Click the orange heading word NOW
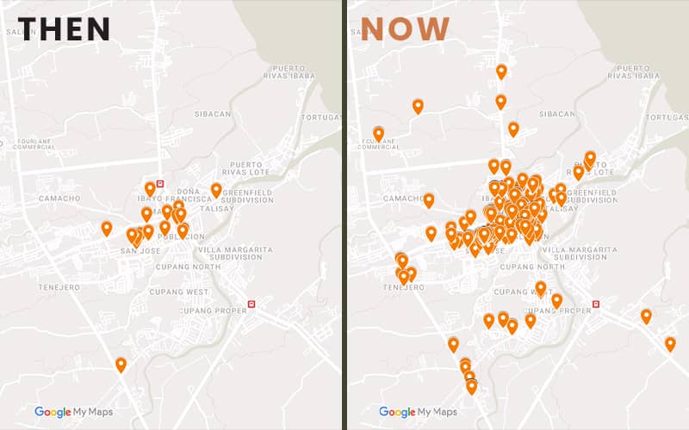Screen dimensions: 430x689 click(x=405, y=28)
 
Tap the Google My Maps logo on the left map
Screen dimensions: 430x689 click(x=73, y=412)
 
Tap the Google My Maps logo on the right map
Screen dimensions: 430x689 click(x=418, y=412)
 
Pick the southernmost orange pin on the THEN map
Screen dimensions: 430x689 click(x=121, y=365)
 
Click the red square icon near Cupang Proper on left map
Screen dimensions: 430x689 click(x=251, y=304)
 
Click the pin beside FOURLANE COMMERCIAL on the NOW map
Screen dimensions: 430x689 click(x=378, y=133)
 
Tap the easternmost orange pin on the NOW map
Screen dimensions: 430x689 click(x=670, y=344)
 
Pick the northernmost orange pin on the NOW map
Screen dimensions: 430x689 click(x=501, y=71)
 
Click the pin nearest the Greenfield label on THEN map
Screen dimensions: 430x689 click(x=216, y=189)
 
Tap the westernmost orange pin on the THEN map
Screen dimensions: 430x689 click(x=107, y=228)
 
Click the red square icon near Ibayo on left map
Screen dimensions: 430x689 click(x=160, y=183)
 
